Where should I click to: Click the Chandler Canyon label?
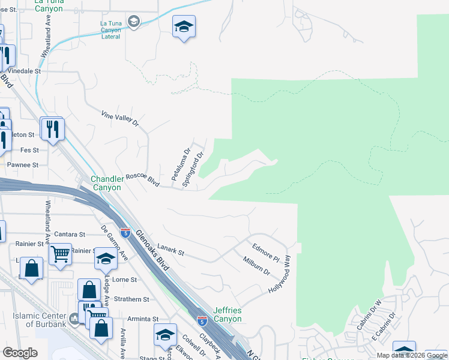pyautogui.click(x=106, y=183)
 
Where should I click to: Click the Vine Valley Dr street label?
pyautogui.click(x=119, y=118)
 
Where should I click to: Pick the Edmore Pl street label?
pyautogui.click(x=266, y=251)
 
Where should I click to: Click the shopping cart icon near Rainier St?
pyautogui.click(x=61, y=254)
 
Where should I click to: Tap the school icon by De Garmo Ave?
pyautogui.click(x=106, y=259)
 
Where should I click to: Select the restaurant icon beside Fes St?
pyautogui.click(x=52, y=128)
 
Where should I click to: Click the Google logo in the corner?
pyautogui.click(x=20, y=353)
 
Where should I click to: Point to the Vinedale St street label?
pyautogui.click(x=23, y=71)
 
